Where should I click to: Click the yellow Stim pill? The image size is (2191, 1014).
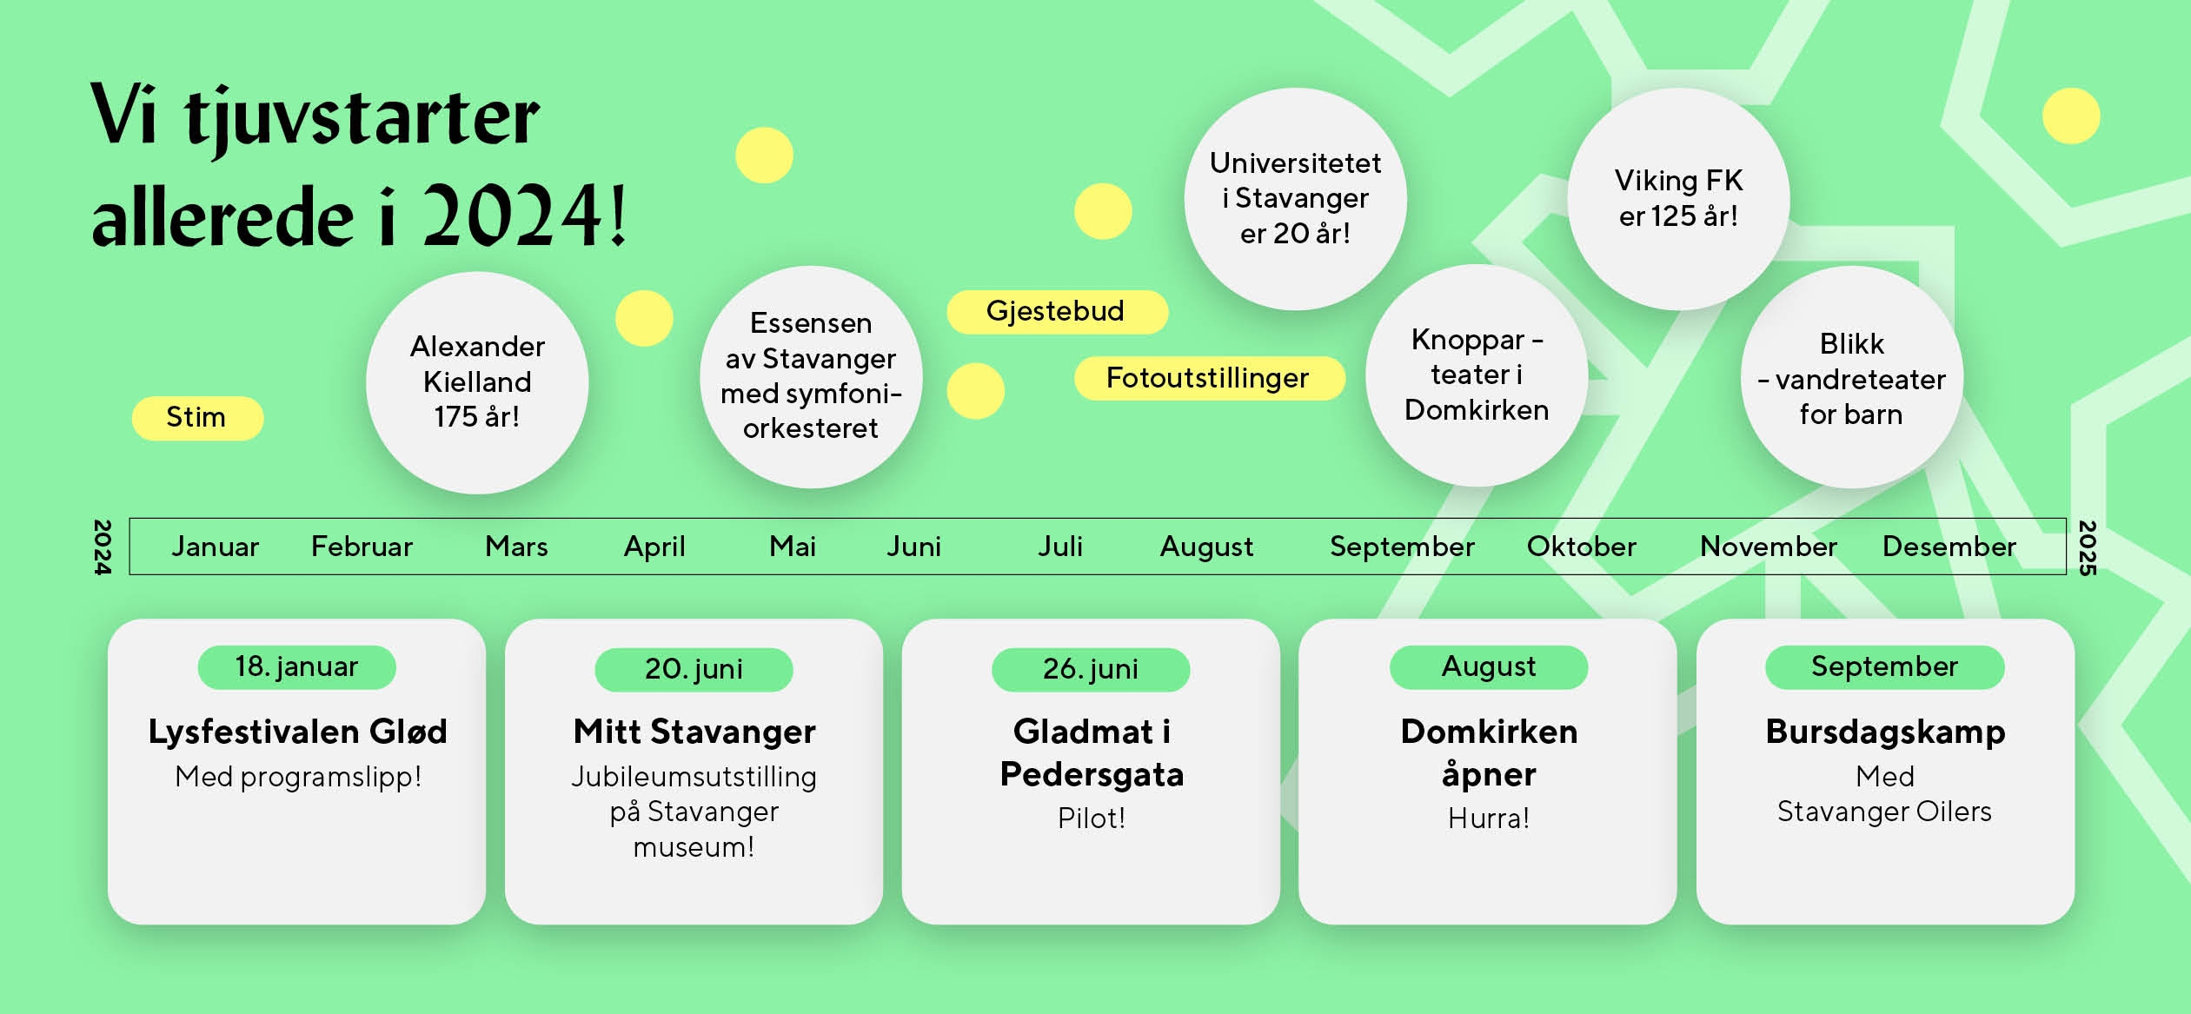point(197,418)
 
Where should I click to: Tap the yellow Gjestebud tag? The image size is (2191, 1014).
point(1057,311)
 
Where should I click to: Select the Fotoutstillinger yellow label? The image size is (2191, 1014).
point(1209,378)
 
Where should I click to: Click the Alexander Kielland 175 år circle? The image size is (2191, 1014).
point(477,382)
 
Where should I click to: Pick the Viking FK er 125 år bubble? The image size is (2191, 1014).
point(1678,198)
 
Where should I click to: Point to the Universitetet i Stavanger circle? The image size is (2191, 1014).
point(1295,198)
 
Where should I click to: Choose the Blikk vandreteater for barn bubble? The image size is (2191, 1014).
point(1852,377)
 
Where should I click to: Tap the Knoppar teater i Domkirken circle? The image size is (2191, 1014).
point(1477,375)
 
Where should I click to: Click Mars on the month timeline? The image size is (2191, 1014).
point(516,547)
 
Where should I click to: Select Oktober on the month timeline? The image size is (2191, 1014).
point(1582,547)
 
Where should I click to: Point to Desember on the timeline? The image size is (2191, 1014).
point(1949,547)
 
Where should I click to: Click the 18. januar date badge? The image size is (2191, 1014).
point(296,667)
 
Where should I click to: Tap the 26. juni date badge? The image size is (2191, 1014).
point(1091,669)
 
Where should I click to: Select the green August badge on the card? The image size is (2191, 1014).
point(1489,667)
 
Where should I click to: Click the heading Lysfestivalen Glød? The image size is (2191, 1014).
point(297,732)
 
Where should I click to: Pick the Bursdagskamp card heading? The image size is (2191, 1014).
point(1885,732)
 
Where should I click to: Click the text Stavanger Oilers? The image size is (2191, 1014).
point(1884,812)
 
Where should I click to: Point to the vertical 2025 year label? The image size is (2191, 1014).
point(2087,547)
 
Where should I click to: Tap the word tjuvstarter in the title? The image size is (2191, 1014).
point(362,119)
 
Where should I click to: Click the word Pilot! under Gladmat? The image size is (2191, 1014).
point(1092,818)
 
